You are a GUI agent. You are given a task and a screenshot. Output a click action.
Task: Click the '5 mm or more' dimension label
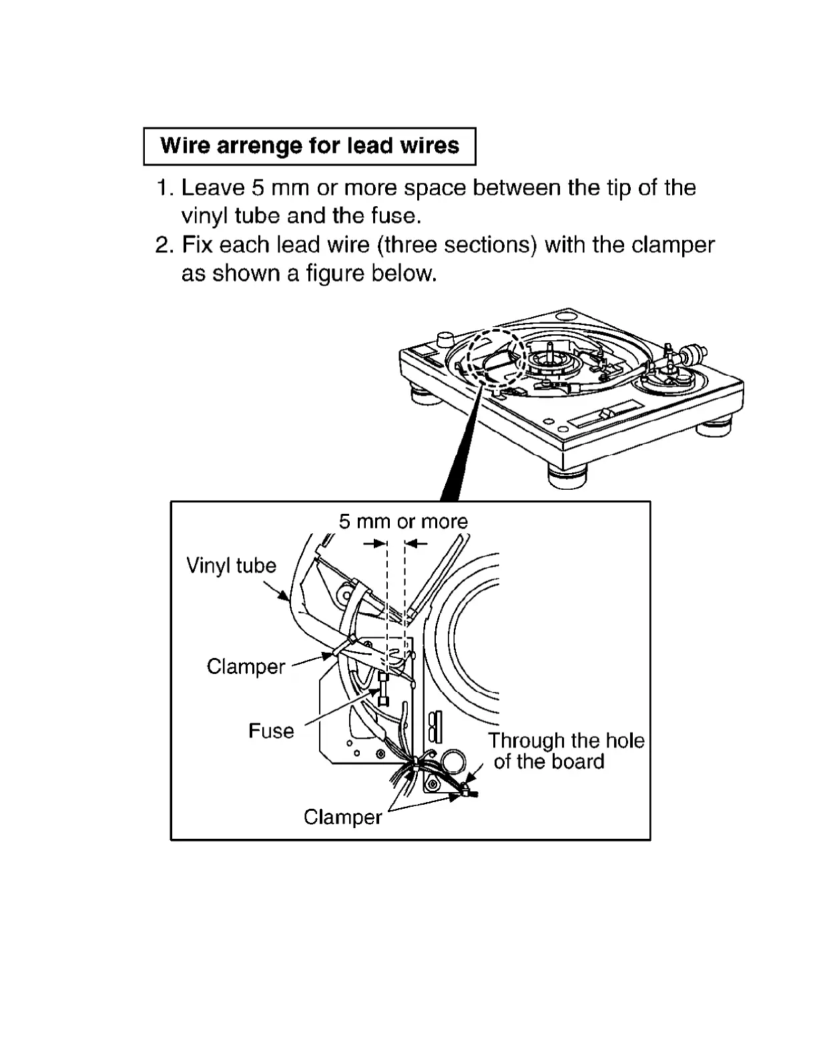(x=403, y=521)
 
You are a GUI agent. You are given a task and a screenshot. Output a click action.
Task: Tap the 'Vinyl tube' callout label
(x=231, y=566)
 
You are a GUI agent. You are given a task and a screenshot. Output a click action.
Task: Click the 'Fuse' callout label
(x=271, y=731)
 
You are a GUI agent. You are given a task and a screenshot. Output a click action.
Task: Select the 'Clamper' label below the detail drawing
(x=342, y=817)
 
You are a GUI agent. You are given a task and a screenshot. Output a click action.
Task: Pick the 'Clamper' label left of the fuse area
(x=246, y=666)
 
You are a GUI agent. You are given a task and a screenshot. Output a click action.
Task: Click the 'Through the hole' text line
(x=566, y=741)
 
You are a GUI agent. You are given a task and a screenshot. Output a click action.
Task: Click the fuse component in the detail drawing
(x=384, y=689)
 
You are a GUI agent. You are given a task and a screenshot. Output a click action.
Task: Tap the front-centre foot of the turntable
(x=566, y=476)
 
